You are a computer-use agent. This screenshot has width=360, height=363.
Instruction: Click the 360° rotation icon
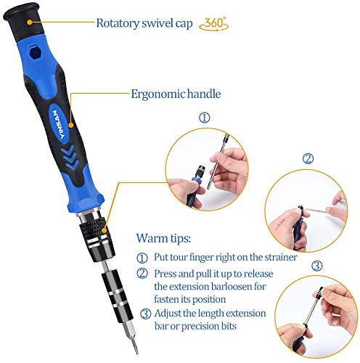(x=214, y=24)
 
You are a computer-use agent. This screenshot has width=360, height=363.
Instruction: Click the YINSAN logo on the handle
(x=59, y=124)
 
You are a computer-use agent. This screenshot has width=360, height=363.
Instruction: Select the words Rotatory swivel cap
(x=144, y=23)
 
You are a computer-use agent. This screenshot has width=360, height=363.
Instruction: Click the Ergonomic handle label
(x=176, y=94)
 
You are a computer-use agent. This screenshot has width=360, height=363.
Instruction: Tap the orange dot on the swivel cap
(x=30, y=23)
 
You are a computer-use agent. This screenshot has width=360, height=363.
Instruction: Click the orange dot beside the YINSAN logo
(x=71, y=125)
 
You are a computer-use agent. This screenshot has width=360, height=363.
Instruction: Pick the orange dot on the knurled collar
(x=104, y=230)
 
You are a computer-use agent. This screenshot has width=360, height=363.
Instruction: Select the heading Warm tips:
(x=163, y=238)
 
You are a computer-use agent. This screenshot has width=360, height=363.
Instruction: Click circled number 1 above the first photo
(x=205, y=118)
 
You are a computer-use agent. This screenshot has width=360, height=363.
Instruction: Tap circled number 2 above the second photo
(x=308, y=159)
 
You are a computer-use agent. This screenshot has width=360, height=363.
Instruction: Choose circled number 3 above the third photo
(x=316, y=266)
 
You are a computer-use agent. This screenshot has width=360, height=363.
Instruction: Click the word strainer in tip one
(x=281, y=257)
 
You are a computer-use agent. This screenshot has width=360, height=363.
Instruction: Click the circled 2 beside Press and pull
(x=142, y=274)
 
